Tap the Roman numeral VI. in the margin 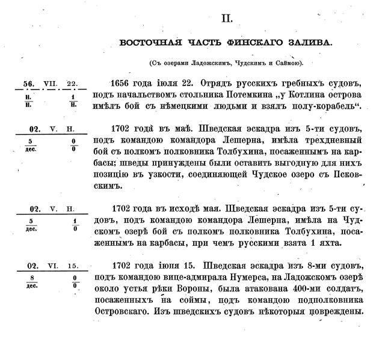(x=51, y=266)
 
